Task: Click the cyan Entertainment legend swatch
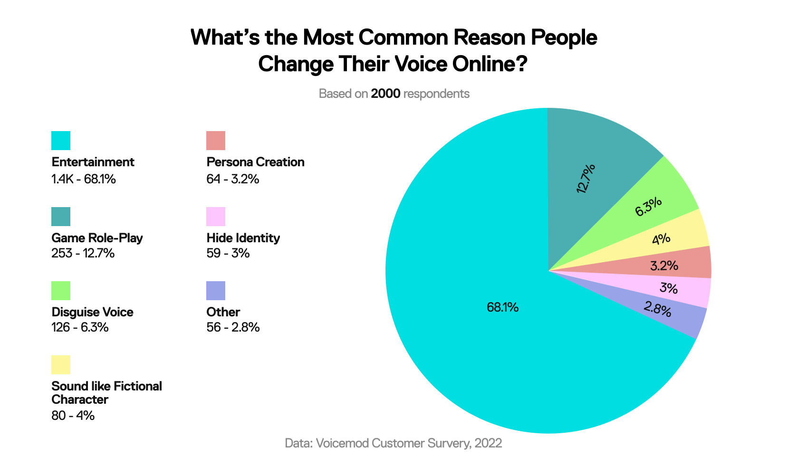(61, 141)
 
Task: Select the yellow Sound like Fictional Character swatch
(61, 365)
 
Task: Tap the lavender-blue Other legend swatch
(216, 291)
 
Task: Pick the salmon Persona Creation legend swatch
(216, 141)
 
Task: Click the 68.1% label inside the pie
(502, 307)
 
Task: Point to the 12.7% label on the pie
(585, 179)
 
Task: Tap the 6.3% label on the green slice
(648, 207)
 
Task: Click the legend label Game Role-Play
(97, 237)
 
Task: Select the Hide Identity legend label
(243, 237)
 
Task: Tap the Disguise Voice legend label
(92, 312)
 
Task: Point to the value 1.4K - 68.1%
(84, 179)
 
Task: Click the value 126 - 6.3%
(80, 327)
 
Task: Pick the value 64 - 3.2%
(233, 179)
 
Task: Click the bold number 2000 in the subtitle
(385, 94)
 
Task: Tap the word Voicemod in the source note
(342, 443)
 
